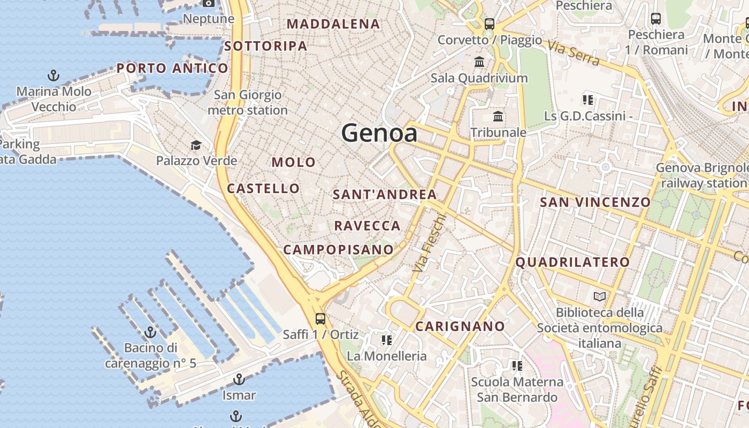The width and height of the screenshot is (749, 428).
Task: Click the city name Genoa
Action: click(379, 133)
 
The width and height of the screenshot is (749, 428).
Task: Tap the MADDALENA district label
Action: click(333, 24)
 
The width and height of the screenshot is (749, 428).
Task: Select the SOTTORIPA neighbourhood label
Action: click(266, 46)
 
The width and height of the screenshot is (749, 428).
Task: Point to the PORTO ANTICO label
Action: click(172, 68)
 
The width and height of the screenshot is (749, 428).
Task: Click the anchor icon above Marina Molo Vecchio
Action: click(53, 75)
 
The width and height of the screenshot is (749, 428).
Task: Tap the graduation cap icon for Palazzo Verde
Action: click(196, 145)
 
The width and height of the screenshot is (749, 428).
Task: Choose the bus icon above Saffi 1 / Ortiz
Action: click(320, 319)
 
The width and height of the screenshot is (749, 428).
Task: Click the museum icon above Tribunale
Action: click(498, 116)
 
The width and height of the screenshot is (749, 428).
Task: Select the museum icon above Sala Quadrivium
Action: click(479, 62)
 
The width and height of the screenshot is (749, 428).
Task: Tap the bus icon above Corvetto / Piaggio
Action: click(490, 24)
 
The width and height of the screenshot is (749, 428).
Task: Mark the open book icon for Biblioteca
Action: click(600, 296)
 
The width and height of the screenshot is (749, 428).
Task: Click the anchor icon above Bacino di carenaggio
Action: click(150, 332)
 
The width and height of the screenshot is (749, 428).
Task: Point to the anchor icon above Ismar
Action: click(239, 380)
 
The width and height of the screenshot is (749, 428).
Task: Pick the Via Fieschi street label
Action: click(430, 242)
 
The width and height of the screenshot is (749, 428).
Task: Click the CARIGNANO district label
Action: click(460, 326)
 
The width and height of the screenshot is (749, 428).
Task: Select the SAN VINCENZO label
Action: click(595, 202)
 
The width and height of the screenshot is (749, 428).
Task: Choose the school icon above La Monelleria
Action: click(387, 340)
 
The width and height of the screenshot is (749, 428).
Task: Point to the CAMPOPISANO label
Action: click(338, 249)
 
